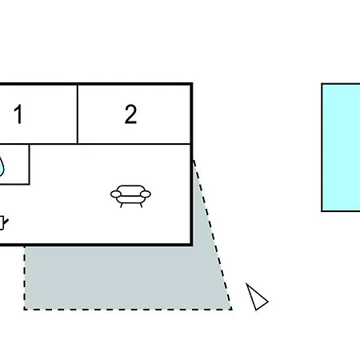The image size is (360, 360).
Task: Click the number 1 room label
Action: coord(18,114)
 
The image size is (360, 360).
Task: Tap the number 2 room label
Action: coord(130,114)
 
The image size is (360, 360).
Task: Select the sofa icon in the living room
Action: coord(130,196)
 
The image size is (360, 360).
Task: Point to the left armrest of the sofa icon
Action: coord(116,194)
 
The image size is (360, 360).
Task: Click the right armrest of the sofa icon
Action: coord(146,194)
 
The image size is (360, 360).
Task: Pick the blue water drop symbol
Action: coord(2,166)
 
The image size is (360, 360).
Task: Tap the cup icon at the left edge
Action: coord(3,223)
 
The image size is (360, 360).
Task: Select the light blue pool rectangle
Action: coord(341,148)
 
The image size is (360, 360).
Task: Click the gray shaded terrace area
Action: coord(128,278)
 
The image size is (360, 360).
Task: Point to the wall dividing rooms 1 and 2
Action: coord(78,114)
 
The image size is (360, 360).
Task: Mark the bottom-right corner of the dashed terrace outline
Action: coord(232,310)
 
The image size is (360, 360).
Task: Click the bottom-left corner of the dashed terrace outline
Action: coord(25,310)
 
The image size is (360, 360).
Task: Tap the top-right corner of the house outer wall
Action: coord(191,84)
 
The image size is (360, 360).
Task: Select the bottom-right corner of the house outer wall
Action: coord(191,245)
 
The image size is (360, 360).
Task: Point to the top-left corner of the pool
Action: coord(322,84)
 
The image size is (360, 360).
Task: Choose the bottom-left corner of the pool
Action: coord(322,211)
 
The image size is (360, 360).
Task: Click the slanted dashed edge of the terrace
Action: coord(213,234)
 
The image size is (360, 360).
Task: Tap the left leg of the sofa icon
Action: coord(122,205)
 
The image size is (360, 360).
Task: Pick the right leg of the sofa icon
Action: coord(141,205)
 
